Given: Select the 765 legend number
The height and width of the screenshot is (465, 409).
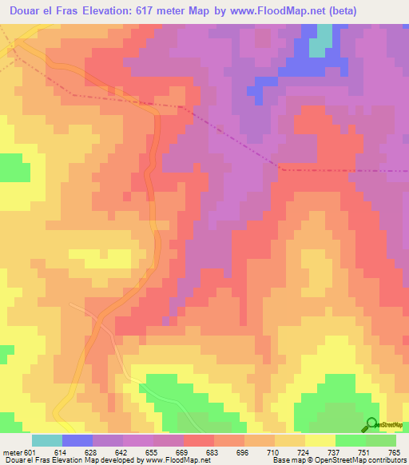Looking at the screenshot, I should click(x=392, y=451).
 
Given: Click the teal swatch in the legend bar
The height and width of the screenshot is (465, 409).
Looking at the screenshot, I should click(x=47, y=440).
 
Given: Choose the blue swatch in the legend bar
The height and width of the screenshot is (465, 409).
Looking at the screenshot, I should click(x=77, y=440).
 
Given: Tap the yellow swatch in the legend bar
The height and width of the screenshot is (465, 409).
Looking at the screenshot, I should click(x=320, y=440).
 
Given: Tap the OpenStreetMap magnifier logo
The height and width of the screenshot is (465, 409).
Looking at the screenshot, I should click(x=371, y=424).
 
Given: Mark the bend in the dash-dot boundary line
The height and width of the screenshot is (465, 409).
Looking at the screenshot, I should click(x=280, y=168).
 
